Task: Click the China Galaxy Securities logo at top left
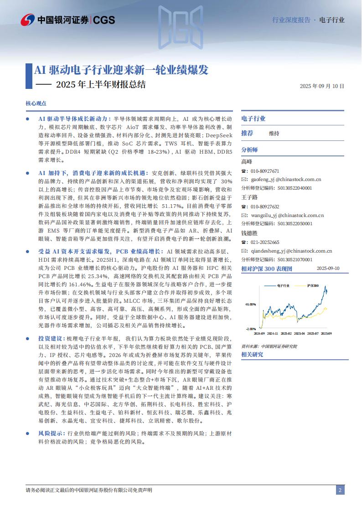(68, 20)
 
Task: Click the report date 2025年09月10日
(322, 86)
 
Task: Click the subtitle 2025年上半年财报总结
(101, 84)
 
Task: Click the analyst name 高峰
(246, 161)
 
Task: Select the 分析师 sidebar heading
(249, 150)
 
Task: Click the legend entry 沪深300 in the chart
(313, 285)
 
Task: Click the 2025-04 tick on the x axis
(299, 333)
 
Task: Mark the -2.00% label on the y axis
(251, 328)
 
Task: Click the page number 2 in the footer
(340, 490)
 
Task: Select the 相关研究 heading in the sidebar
(252, 354)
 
